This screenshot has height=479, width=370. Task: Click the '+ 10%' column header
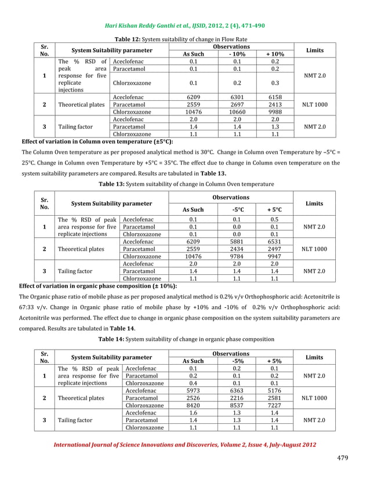[x=275, y=53]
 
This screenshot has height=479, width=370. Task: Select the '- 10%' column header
[x=237, y=53]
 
